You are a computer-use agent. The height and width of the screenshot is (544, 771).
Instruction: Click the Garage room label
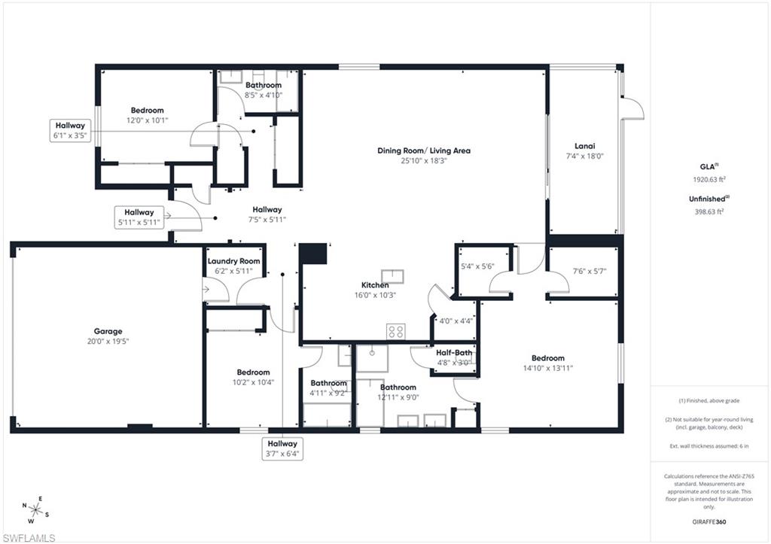tap(108, 331)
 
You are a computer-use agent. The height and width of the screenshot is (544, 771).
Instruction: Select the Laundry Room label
tap(233, 261)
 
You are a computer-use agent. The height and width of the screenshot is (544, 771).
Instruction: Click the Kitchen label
tap(375, 285)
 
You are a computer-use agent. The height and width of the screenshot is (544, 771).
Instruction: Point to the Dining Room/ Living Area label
tap(424, 150)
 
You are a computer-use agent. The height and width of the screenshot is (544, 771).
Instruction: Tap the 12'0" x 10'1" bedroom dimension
tap(148, 120)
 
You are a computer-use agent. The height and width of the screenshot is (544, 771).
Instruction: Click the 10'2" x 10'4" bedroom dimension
tap(253, 382)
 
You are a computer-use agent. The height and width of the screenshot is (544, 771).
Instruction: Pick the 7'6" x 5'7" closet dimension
tap(584, 271)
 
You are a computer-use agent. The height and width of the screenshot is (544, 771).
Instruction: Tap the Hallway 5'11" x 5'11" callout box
tap(139, 217)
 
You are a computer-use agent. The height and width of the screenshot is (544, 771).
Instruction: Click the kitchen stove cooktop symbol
tap(396, 330)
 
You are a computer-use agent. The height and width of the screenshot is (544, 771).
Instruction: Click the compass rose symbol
tap(34, 509)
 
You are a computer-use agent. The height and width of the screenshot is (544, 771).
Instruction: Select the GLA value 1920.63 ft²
tap(708, 180)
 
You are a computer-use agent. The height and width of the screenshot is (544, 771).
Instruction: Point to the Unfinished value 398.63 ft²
tap(708, 211)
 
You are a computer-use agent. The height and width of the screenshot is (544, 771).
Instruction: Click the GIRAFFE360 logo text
tap(710, 521)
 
